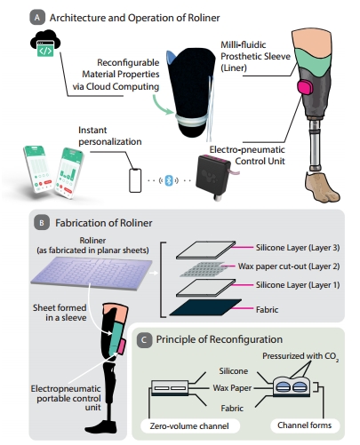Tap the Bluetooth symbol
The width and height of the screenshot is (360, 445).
pos(169,180)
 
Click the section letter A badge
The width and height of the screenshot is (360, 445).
pos(37,18)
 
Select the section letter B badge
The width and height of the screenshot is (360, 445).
pos(42,223)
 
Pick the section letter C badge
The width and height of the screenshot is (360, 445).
pos(144,340)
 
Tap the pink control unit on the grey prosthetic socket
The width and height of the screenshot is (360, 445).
pos(305,87)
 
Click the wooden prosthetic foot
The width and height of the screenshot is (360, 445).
pos(322,187)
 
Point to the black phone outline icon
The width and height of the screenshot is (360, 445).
pos(135,180)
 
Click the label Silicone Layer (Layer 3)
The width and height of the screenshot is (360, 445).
pos(298,248)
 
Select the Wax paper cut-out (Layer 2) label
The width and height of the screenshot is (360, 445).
pos(289,266)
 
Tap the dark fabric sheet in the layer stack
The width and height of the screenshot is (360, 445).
pos(205,307)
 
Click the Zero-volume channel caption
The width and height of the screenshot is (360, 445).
pos(189,426)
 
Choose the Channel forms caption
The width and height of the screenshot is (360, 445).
pos(304,425)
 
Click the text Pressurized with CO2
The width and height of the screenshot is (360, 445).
pos(300,356)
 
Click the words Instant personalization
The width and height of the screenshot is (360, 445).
pos(109,136)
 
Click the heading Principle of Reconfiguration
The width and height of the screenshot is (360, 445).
pos(220,339)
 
